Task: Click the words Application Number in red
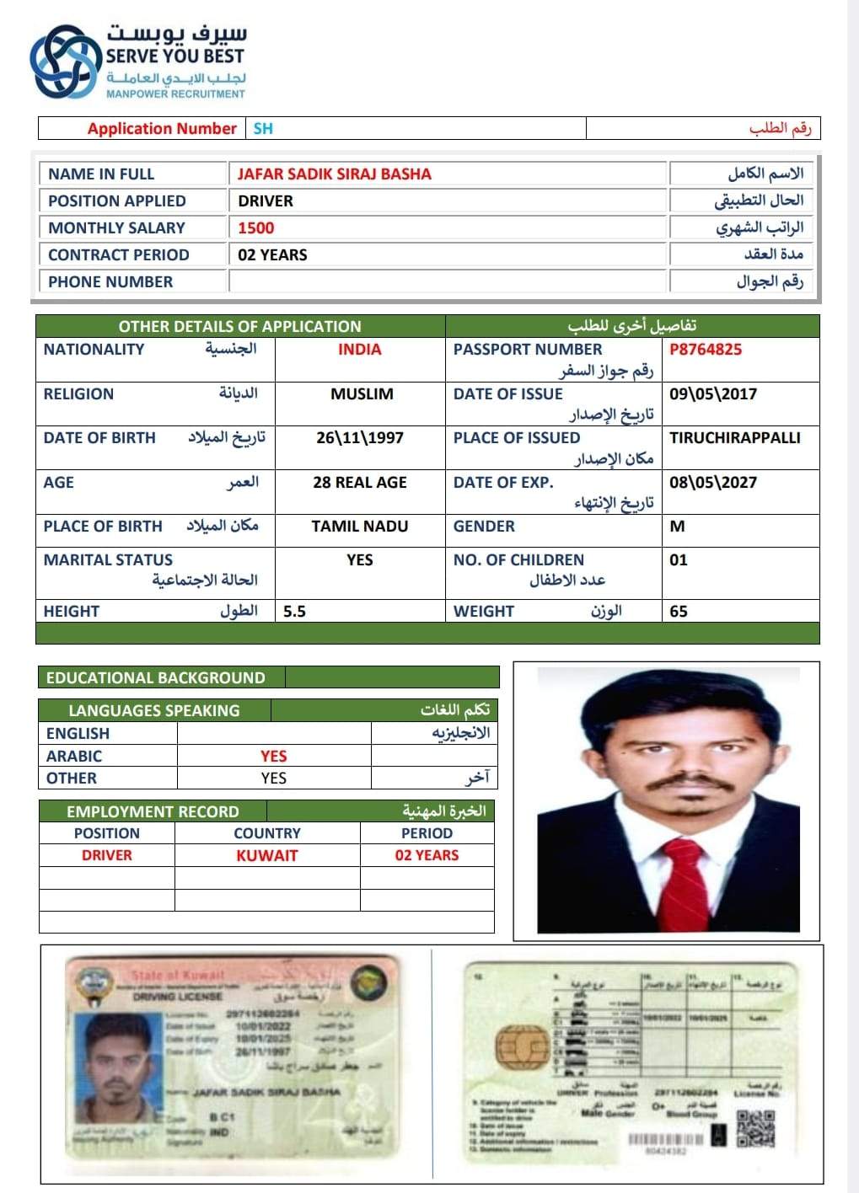162,129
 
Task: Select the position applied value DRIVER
266,201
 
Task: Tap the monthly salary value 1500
255,228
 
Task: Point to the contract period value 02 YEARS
272,255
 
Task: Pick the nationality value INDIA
360,350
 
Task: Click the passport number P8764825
706,350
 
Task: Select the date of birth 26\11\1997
360,438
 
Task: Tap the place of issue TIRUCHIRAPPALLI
735,438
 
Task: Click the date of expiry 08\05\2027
713,483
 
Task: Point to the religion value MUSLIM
362,394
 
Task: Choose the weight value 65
679,612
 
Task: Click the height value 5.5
294,612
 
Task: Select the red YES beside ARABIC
274,757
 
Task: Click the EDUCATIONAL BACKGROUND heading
156,678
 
